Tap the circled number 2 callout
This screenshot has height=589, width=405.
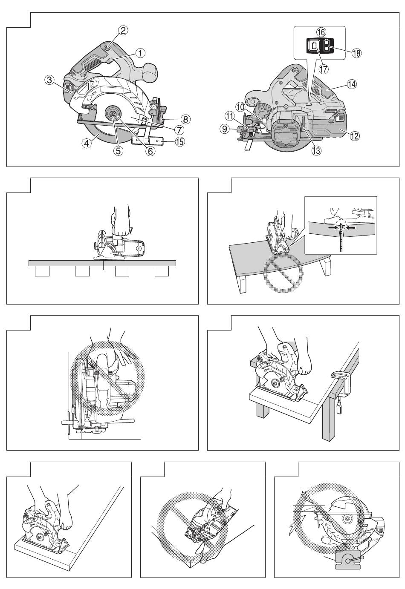pos(123,31)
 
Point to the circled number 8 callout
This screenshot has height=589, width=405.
pos(185,119)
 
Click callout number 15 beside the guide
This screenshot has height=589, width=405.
pos(180,142)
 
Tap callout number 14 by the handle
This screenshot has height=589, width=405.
pos(352,84)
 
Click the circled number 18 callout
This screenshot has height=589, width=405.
pos(357,53)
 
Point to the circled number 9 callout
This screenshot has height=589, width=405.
pos(225,129)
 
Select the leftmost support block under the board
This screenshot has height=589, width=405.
pos(42,271)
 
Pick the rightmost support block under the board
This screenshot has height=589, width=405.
pos(162,271)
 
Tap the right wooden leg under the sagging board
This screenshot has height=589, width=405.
pos(326,266)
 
